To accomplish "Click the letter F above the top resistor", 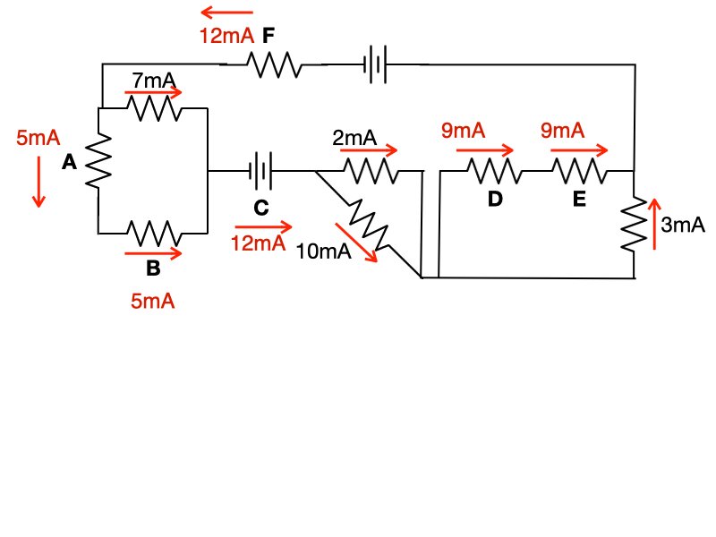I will pyautogui.click(x=268, y=36).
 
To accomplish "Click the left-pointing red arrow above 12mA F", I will pyautogui.click(x=226, y=13).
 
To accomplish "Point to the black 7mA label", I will pyautogui.click(x=153, y=80).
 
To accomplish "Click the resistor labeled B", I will pyautogui.click(x=153, y=234).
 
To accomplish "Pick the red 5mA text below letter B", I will pyautogui.click(x=152, y=302).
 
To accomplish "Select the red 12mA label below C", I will pyautogui.click(x=258, y=243).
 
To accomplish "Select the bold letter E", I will pyautogui.click(x=579, y=199).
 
